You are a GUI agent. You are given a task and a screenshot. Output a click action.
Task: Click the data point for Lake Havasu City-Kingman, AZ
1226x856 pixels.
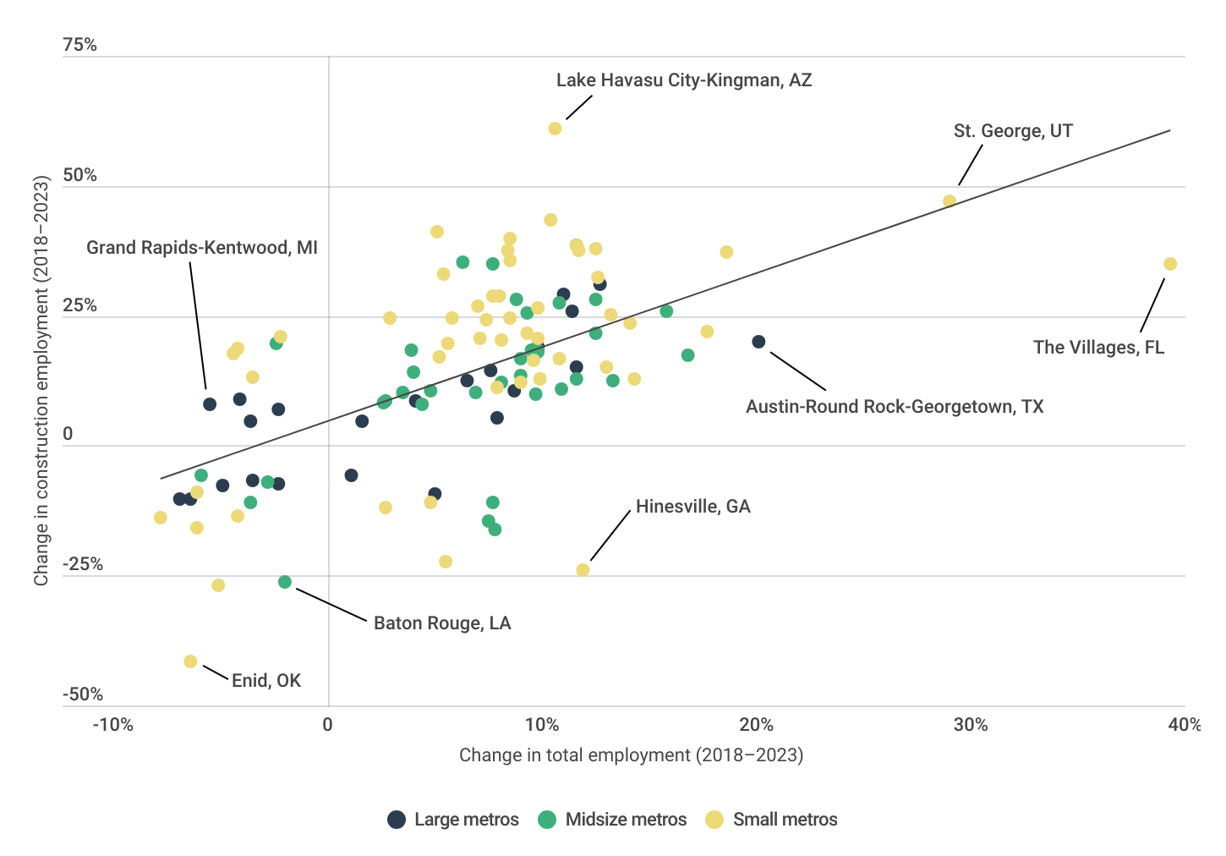point(555,129)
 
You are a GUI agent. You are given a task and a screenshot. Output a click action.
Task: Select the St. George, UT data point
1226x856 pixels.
point(950,201)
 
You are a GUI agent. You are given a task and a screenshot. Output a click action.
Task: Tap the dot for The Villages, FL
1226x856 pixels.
point(1170,264)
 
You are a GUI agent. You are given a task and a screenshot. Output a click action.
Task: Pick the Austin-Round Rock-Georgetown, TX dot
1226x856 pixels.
point(758,342)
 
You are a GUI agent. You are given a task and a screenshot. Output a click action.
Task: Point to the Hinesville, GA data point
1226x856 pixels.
point(583,570)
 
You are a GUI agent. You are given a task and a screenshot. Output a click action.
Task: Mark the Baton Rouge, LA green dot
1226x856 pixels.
point(285,582)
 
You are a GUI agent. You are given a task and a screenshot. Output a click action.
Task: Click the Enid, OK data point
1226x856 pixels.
point(190,661)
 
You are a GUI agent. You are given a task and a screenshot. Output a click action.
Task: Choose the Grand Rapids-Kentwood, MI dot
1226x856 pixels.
point(210,404)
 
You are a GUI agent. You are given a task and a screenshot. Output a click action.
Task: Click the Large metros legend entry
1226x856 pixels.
point(453,820)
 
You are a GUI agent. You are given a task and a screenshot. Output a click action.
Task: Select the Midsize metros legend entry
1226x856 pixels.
point(613,820)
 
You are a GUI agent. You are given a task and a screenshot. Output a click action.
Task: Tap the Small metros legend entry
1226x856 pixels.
point(772,820)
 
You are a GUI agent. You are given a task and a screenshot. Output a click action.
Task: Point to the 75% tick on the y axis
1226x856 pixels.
point(80,45)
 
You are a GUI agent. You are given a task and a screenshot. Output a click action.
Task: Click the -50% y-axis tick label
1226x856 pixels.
point(83,694)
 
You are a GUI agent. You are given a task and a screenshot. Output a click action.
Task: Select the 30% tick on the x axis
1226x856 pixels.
point(971,725)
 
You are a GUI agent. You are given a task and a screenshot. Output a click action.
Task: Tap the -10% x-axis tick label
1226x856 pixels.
point(113,725)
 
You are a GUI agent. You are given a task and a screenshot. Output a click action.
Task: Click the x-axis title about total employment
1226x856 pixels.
point(631,755)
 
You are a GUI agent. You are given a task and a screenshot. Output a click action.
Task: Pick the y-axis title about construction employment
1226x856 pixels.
point(41,381)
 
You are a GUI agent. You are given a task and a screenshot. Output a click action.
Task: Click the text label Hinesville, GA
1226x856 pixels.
point(692,507)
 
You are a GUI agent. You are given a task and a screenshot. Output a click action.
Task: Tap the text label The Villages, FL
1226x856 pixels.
point(1098,348)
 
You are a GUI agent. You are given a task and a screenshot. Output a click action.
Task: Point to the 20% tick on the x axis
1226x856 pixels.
point(756,725)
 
